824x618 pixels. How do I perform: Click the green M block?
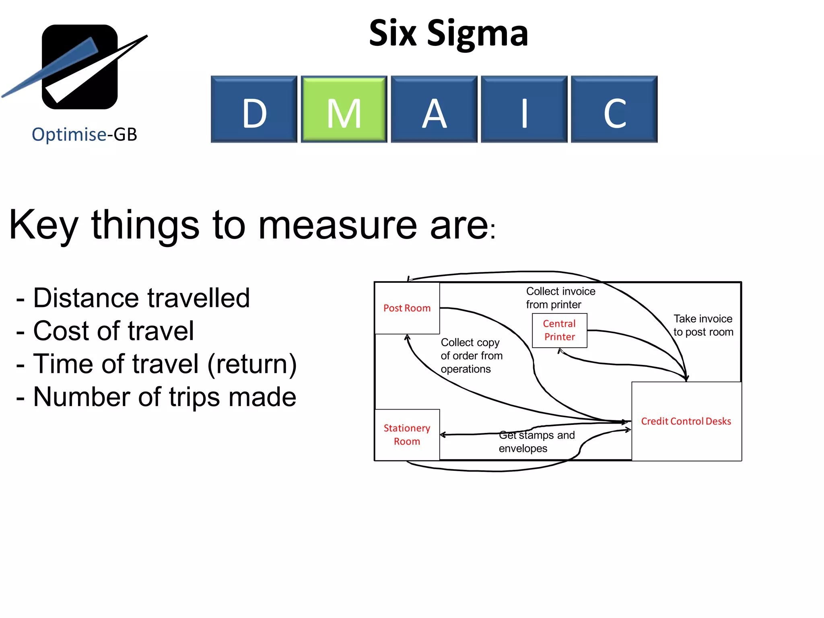click(x=344, y=109)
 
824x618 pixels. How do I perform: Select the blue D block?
click(x=254, y=109)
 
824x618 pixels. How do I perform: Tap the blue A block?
click(x=434, y=109)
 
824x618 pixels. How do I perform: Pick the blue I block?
click(x=524, y=109)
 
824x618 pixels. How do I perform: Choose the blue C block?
click(x=614, y=109)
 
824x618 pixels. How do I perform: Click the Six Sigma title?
click(x=448, y=33)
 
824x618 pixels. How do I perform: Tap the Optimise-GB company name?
click(x=84, y=134)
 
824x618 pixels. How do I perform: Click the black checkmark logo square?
click(x=80, y=67)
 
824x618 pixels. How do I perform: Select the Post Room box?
click(x=407, y=308)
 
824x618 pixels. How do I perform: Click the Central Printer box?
click(x=559, y=330)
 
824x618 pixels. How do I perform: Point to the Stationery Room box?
click(x=407, y=435)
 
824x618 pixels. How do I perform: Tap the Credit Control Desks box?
click(x=686, y=421)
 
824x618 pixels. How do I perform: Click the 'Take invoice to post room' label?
click(x=703, y=325)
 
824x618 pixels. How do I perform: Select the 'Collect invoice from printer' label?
click(x=560, y=298)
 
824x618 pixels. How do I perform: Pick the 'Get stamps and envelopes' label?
click(x=536, y=442)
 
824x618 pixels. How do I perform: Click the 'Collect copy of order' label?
click(x=471, y=356)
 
